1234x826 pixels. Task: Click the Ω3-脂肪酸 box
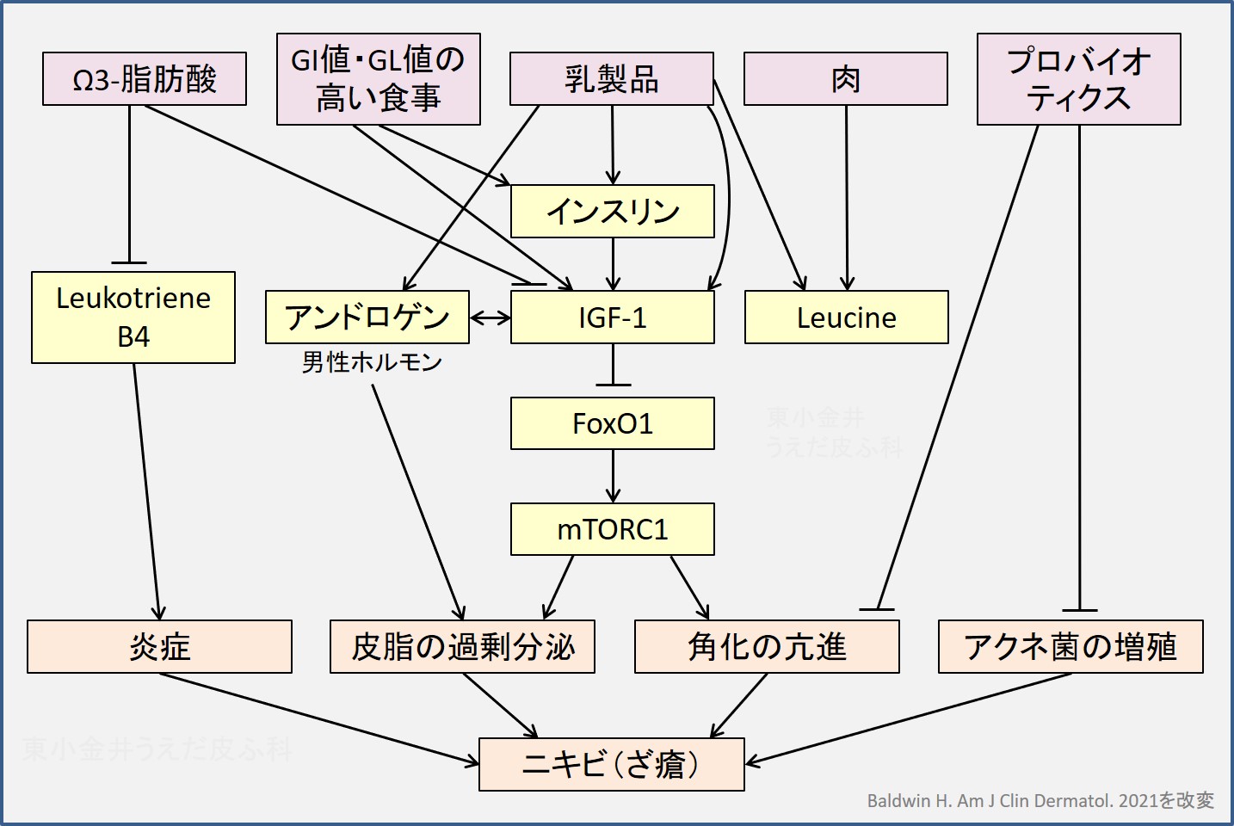pyautogui.click(x=145, y=79)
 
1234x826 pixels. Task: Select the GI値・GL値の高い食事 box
pyautogui.click(x=379, y=79)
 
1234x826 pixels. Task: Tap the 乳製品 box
pyautogui.click(x=612, y=79)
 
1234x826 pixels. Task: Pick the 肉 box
pyautogui.click(x=846, y=79)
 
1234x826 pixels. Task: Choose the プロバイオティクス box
pyautogui.click(x=1079, y=79)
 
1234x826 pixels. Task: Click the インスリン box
pyautogui.click(x=613, y=212)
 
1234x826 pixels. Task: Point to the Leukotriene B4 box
pyautogui.click(x=133, y=317)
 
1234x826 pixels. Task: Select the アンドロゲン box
pyautogui.click(x=367, y=317)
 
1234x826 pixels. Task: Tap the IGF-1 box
pyautogui.click(x=613, y=317)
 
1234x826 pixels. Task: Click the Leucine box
pyautogui.click(x=847, y=317)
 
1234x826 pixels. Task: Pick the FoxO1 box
pyautogui.click(x=613, y=423)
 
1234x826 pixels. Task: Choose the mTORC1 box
pyautogui.click(x=613, y=529)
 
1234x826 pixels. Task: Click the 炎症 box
pyautogui.click(x=159, y=647)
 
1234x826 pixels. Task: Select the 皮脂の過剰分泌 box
pyautogui.click(x=463, y=647)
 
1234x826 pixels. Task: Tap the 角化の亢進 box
pyautogui.click(x=767, y=647)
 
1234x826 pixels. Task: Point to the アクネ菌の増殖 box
pyautogui.click(x=1070, y=647)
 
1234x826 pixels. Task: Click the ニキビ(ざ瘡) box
pyautogui.click(x=612, y=764)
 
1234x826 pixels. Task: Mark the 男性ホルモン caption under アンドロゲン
pyautogui.click(x=372, y=362)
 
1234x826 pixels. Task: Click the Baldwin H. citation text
pyautogui.click(x=1040, y=801)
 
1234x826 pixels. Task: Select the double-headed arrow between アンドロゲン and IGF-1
pyautogui.click(x=491, y=318)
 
